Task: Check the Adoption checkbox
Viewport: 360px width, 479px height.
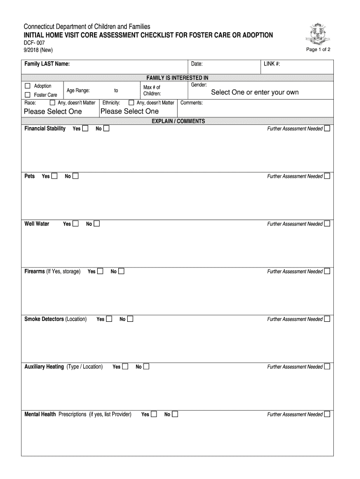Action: click(27, 86)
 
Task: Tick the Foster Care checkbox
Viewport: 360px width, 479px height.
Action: click(27, 95)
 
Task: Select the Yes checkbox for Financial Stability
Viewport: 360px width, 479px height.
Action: click(85, 129)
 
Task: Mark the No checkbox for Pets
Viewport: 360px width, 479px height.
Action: click(75, 176)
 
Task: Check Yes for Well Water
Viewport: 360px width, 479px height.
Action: click(76, 224)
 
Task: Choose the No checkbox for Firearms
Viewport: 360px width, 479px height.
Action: click(122, 271)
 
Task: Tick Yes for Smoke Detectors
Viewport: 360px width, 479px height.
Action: click(109, 319)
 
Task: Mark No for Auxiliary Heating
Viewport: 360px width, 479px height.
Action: click(146, 367)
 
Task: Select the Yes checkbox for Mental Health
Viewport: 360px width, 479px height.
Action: click(154, 414)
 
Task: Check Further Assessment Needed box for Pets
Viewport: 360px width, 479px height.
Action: click(327, 176)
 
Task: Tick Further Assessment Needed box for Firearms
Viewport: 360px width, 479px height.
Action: click(327, 271)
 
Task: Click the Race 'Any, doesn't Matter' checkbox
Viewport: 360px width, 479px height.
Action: click(52, 102)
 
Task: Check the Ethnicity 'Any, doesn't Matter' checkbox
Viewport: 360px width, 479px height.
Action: click(131, 102)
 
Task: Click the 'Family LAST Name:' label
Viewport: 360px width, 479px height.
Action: click(47, 64)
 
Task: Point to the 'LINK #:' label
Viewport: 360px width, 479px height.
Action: click(272, 64)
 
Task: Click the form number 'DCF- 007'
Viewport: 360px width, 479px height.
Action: click(35, 43)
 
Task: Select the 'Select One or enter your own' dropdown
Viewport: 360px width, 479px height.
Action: click(255, 92)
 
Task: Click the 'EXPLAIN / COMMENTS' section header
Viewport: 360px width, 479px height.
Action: click(178, 121)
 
